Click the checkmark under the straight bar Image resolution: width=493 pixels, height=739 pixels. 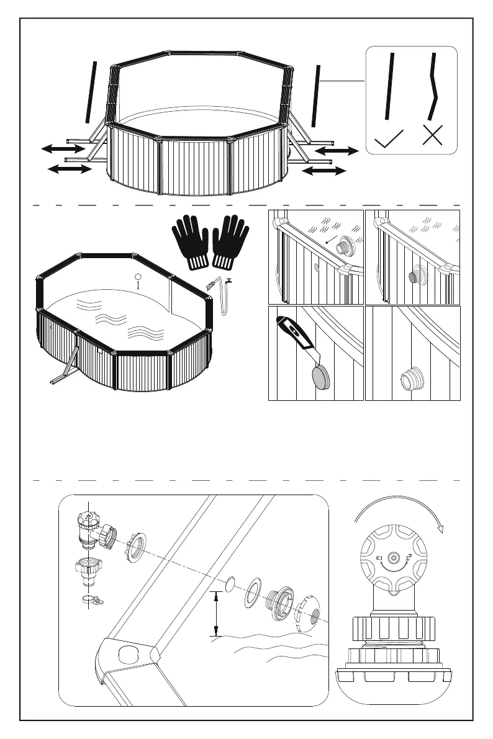[x=389, y=139]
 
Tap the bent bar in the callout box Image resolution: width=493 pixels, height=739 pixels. [x=434, y=87]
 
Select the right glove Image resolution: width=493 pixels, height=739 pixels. [x=231, y=243]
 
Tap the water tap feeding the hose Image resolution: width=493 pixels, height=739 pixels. [x=230, y=283]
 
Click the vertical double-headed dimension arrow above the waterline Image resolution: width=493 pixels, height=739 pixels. [x=215, y=614]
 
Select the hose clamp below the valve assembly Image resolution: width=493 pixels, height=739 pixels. [x=91, y=599]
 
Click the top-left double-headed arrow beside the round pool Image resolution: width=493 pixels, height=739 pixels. [x=63, y=148]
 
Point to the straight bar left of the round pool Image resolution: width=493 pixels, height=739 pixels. [x=91, y=91]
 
